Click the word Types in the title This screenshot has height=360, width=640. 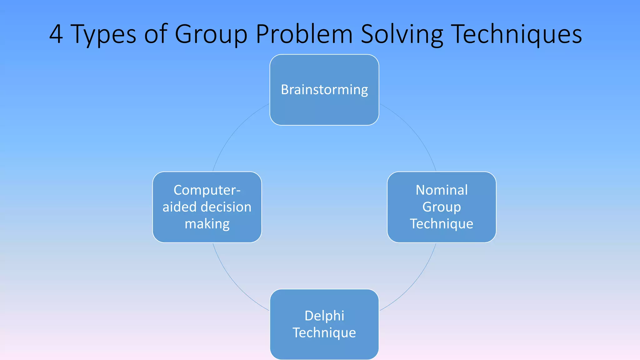point(103,34)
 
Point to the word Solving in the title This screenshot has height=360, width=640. point(402,34)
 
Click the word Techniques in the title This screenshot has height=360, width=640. point(516,34)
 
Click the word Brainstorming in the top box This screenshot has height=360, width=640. point(324,90)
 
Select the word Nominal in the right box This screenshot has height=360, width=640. point(442,190)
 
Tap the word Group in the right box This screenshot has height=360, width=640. point(442,207)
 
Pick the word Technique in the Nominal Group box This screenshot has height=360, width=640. point(442,224)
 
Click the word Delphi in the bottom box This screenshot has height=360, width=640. point(324,316)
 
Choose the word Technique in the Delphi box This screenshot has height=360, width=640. point(324,332)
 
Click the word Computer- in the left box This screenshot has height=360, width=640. point(207,190)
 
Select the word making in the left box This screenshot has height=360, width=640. point(207,224)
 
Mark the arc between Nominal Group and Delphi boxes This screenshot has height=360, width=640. point(416,283)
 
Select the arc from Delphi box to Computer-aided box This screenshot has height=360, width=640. point(233,283)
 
